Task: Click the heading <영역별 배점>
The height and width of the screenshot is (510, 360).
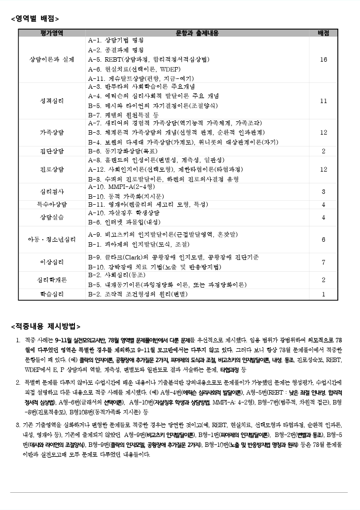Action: [35, 19]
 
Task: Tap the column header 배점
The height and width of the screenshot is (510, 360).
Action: [324, 33]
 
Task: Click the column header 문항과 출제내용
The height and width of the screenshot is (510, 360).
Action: [197, 33]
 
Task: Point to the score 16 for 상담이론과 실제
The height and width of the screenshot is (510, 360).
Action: [324, 60]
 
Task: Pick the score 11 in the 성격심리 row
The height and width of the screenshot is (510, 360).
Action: [324, 101]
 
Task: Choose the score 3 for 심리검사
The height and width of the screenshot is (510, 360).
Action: [324, 192]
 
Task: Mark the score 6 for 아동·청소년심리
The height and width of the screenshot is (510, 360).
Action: [324, 240]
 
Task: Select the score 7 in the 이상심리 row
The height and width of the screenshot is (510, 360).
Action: [324, 262]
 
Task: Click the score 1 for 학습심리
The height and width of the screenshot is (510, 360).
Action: [324, 294]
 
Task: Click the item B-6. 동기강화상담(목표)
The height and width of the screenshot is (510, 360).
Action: [122, 151]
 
